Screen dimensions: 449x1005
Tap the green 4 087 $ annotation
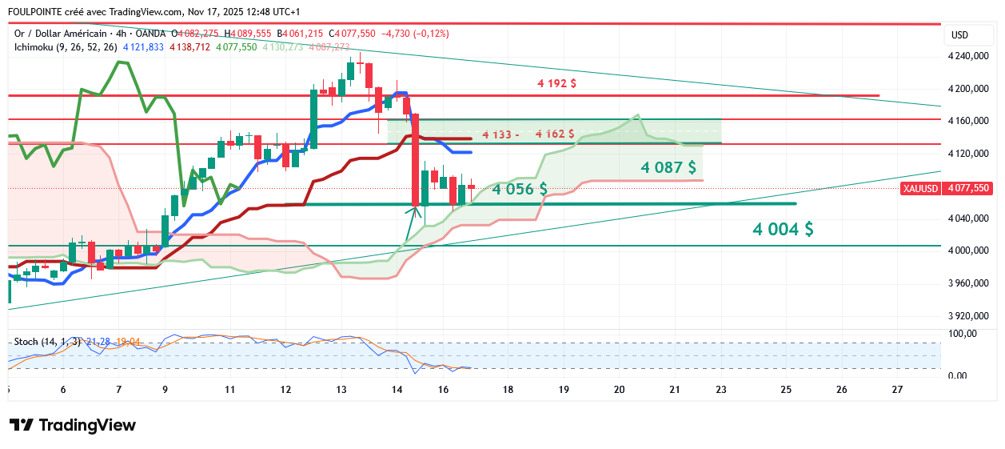point(668,168)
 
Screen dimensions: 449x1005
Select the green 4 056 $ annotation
point(519,190)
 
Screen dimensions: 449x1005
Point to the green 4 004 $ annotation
point(783,230)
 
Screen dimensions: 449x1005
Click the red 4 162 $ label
point(555,134)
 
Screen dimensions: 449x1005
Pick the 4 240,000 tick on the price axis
point(967,56)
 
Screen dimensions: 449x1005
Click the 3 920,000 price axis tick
point(967,316)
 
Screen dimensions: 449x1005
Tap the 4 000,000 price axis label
point(967,251)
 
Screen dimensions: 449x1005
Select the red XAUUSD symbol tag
point(920,188)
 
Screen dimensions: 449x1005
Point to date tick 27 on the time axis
point(897,390)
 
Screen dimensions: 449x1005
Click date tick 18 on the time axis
point(508,390)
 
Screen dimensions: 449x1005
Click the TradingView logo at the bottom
point(72,425)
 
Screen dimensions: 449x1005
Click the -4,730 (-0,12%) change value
point(416,34)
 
